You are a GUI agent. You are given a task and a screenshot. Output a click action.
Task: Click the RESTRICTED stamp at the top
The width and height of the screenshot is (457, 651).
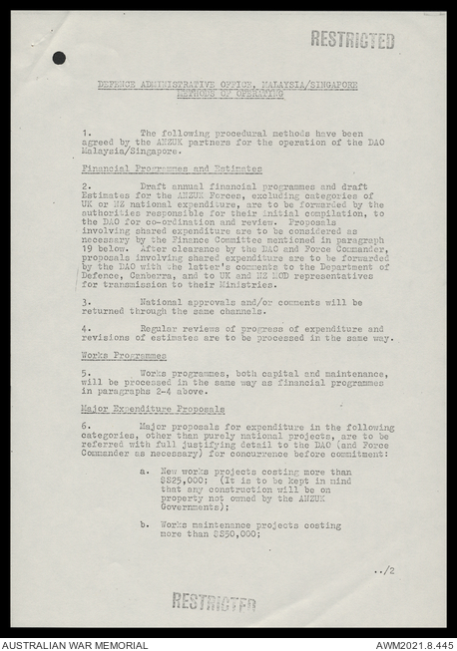[x=351, y=40]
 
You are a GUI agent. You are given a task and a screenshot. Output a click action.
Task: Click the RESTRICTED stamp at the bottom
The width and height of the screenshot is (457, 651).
[x=214, y=601]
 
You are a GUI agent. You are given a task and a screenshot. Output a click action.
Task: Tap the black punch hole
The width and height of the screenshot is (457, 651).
[x=59, y=58]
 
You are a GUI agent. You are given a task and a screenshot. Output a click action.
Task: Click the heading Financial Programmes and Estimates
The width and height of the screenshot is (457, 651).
[x=172, y=169]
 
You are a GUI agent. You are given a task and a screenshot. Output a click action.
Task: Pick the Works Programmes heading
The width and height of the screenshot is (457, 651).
[x=124, y=356]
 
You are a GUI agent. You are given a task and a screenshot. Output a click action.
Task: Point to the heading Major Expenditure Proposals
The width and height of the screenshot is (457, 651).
[x=153, y=410]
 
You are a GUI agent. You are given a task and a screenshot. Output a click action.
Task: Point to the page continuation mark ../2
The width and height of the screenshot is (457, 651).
[x=384, y=571]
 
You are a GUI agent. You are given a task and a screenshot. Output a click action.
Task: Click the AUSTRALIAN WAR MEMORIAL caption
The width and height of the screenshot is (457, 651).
[x=75, y=644]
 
